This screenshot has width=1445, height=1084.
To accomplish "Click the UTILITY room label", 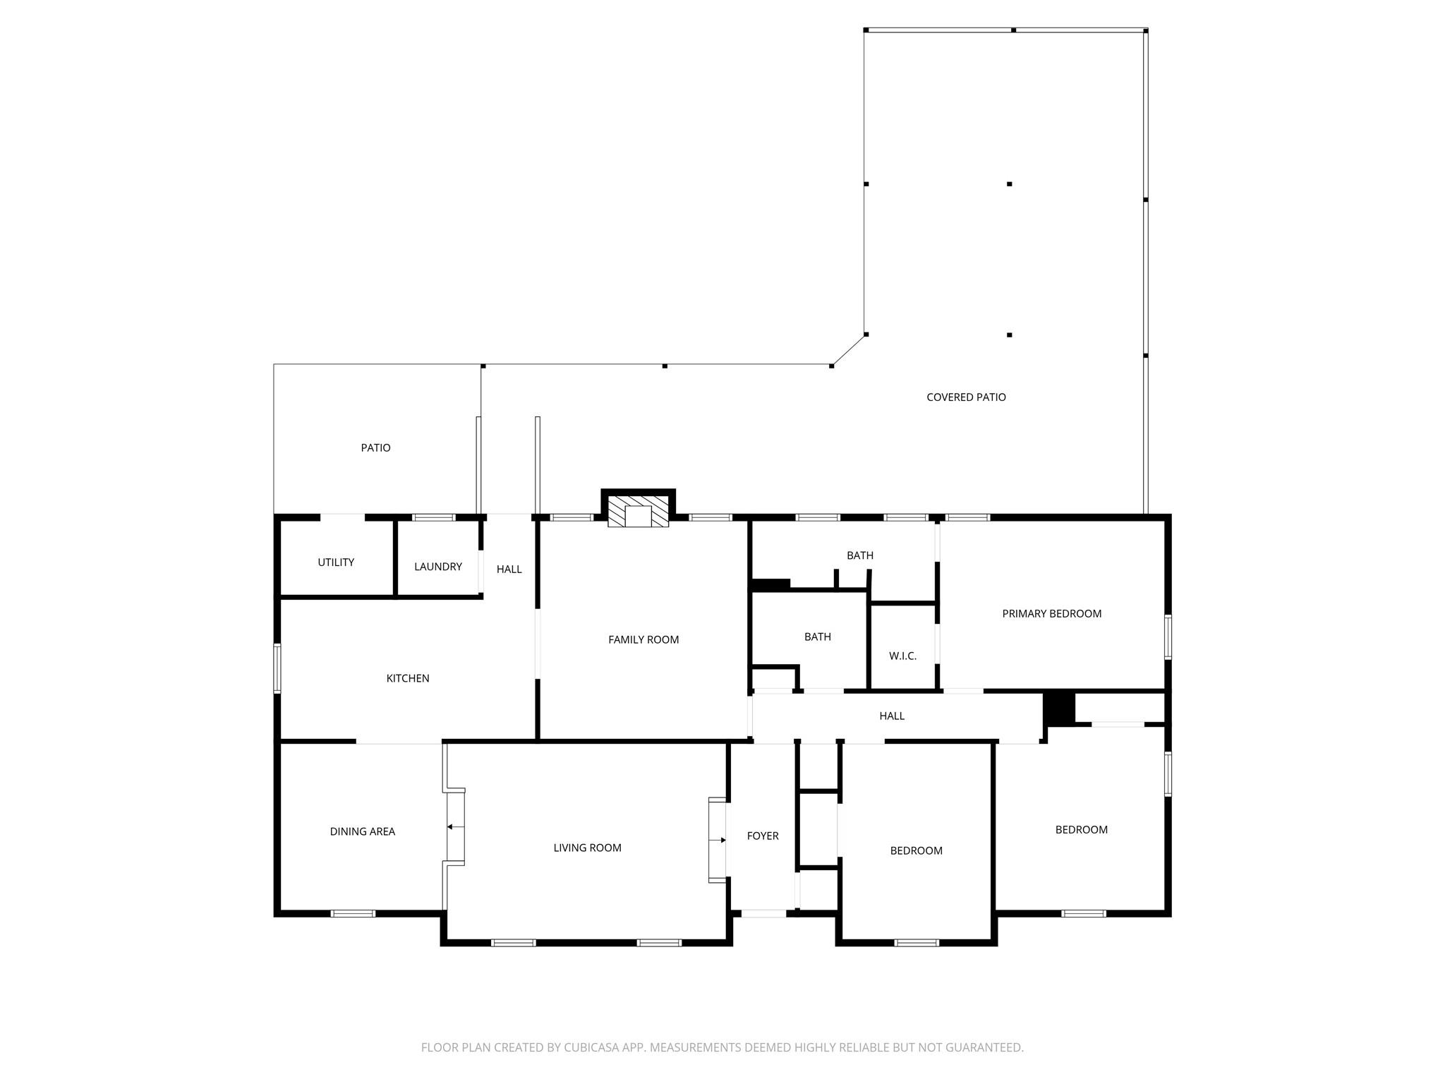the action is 336,562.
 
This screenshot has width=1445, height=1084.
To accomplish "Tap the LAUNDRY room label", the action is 438,567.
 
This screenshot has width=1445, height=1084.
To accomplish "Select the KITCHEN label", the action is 408,678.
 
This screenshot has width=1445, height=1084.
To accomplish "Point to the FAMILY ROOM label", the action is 643,639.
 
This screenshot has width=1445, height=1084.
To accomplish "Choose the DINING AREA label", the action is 363,831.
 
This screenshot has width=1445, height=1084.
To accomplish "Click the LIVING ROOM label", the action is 587,848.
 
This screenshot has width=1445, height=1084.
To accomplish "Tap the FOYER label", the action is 763,836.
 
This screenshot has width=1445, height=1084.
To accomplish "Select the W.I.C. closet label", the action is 903,656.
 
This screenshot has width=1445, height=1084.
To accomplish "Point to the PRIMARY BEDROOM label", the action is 1052,613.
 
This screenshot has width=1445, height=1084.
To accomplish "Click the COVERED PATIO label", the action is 966,397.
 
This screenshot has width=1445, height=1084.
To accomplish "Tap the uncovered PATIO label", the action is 375,447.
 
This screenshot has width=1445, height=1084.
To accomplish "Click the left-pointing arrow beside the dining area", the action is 455,826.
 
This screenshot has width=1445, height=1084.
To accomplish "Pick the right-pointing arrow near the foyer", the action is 718,840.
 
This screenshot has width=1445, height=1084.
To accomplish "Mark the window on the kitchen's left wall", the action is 277,668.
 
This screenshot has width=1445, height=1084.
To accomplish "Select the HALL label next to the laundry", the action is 509,569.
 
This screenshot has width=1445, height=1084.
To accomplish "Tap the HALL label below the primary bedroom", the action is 892,716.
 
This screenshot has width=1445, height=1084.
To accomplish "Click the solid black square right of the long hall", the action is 1058,708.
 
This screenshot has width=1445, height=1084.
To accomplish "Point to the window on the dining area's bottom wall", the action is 353,913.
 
